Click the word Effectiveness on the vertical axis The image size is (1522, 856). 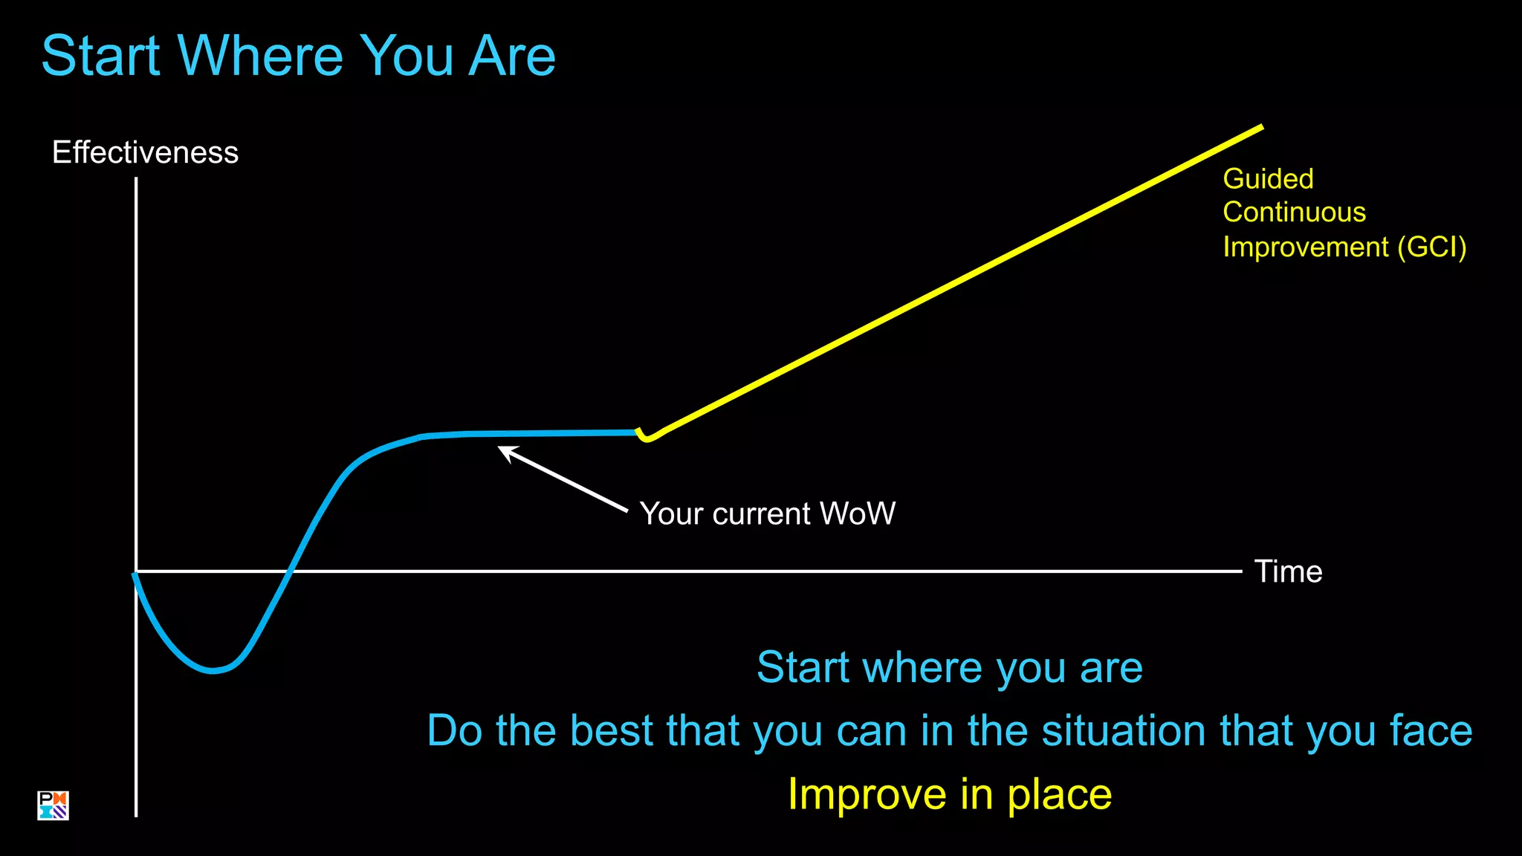(145, 152)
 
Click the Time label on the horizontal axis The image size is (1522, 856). (1288, 571)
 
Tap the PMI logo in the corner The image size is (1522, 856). (53, 805)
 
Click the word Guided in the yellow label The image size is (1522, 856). (1268, 179)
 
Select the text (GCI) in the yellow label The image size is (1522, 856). (1431, 247)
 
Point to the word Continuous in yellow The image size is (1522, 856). (1294, 213)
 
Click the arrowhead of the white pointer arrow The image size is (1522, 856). (505, 451)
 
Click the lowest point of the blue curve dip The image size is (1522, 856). (213, 670)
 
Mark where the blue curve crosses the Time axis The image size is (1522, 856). (291, 571)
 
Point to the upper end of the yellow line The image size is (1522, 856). (1260, 128)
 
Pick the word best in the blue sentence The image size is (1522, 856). (612, 730)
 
